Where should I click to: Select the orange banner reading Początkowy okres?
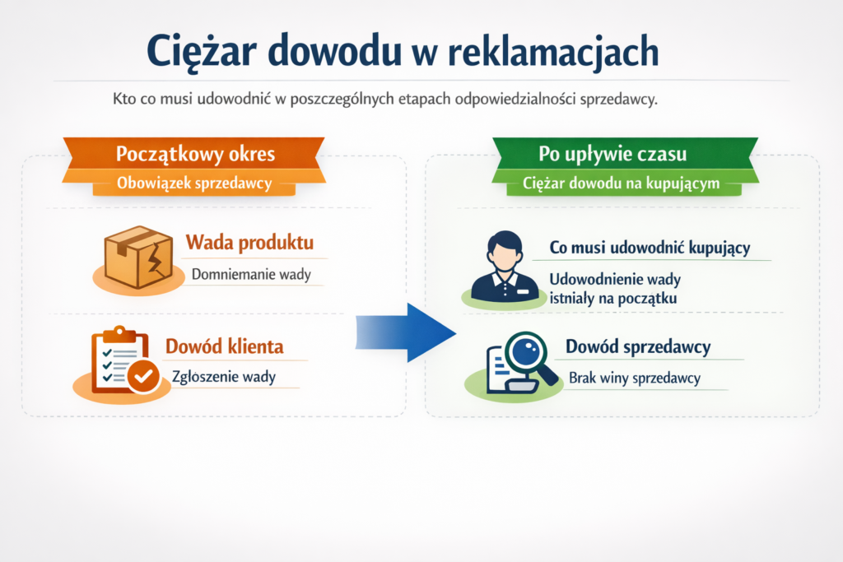coord(195,154)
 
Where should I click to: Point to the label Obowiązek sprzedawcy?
coord(194,183)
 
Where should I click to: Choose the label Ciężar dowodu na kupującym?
coord(621,183)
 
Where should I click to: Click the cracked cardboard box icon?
coord(137,257)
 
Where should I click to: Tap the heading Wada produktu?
coord(249,243)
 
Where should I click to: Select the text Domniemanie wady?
coord(251,274)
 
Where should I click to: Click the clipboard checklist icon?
coord(119,360)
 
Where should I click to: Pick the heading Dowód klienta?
coord(225,346)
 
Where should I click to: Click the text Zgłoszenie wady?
coord(223,377)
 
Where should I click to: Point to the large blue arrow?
coord(407,332)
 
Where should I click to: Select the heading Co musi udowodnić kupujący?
coord(650,248)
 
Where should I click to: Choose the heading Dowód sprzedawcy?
coord(638,347)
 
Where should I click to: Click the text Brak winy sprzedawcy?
coord(634,378)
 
